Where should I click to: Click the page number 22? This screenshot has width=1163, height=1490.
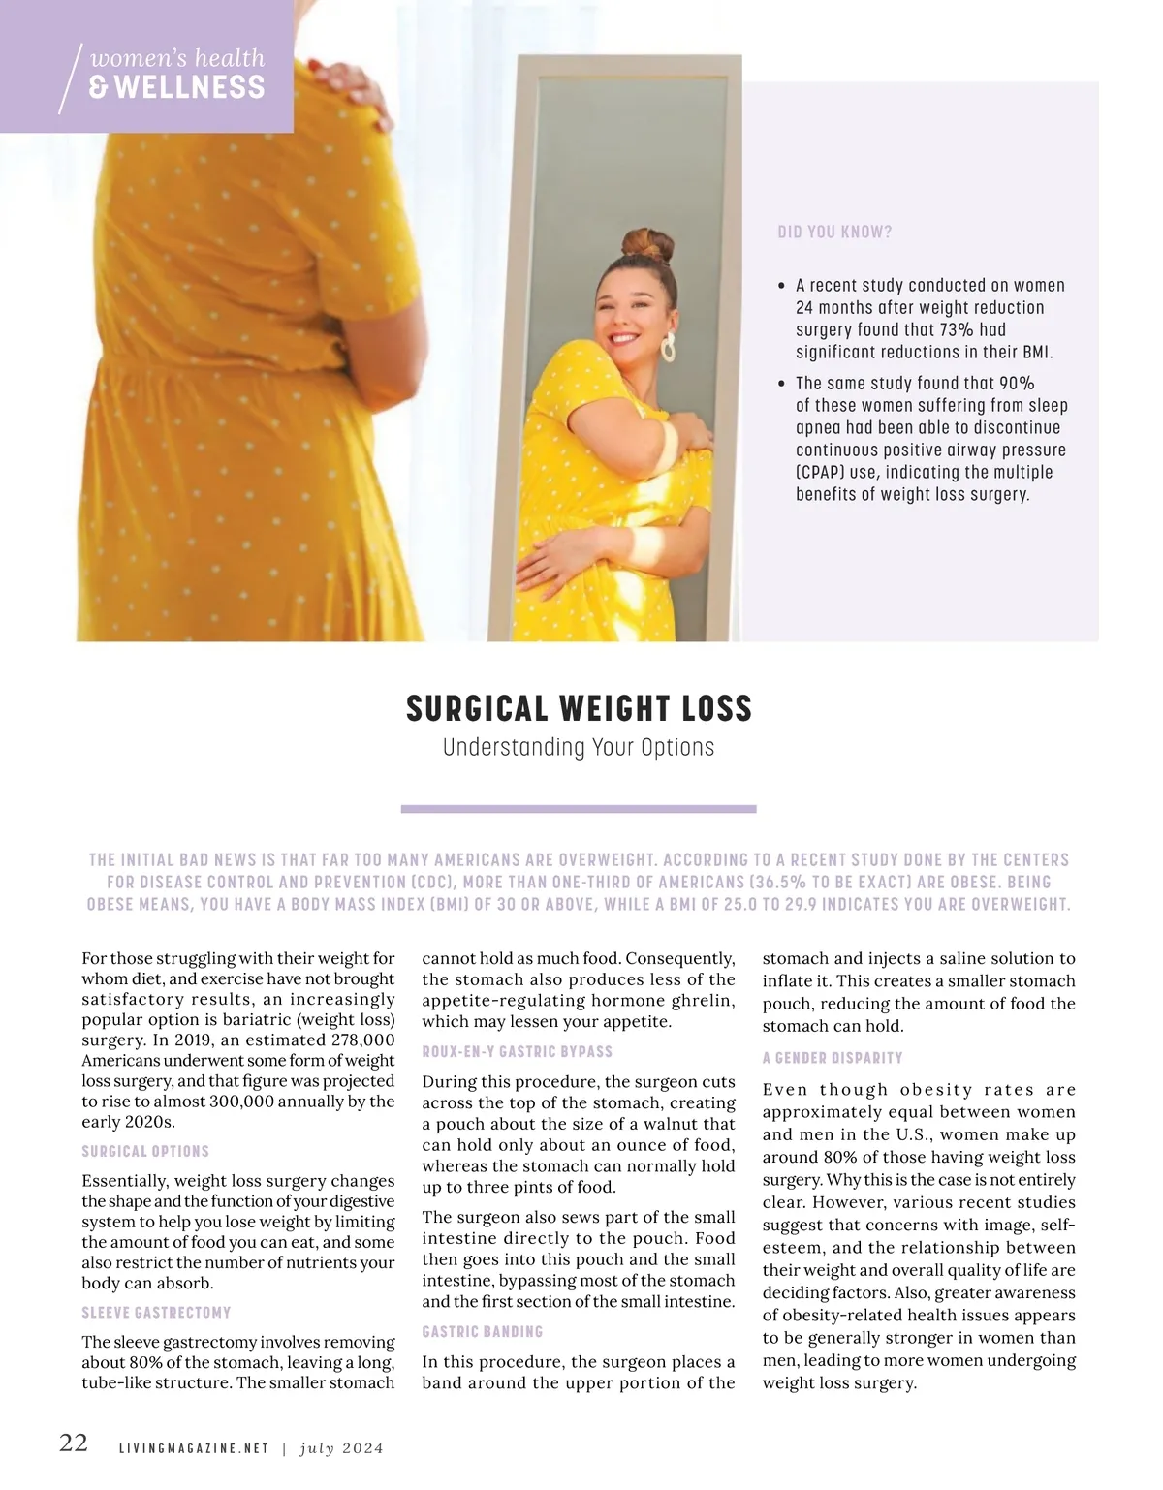coord(74,1443)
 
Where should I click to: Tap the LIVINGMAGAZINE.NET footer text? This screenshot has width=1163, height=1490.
coord(193,1449)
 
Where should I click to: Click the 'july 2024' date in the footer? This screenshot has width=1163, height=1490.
coord(342,1449)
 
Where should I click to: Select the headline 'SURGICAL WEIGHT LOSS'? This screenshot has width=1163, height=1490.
coord(579,708)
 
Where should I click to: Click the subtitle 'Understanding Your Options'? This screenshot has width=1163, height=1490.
coord(579,748)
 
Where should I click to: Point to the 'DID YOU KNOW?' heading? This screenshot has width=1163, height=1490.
coord(834,233)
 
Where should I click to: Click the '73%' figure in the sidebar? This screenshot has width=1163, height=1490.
coord(959,330)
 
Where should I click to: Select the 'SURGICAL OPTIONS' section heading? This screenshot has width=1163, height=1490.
coord(145,1151)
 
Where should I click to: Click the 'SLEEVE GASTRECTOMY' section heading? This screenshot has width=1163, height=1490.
coord(156,1313)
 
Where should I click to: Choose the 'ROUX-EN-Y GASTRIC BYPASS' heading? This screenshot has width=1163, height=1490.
coord(517,1051)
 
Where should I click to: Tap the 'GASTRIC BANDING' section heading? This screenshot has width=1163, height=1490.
coord(482,1332)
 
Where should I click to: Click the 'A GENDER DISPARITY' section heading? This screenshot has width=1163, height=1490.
coord(833,1058)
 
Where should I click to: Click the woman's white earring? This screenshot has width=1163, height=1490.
coord(669,347)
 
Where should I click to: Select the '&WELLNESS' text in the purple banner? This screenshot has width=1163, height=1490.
coord(176,87)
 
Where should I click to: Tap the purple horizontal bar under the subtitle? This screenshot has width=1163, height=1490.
coord(579,808)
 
